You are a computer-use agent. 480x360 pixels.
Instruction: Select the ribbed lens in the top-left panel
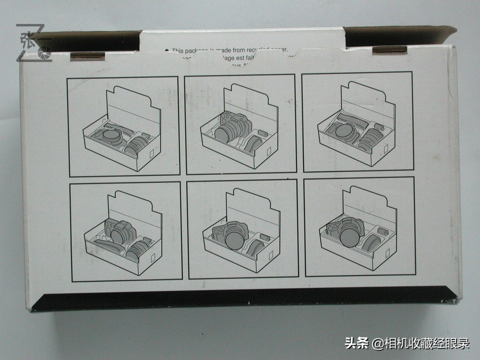pos(136,144)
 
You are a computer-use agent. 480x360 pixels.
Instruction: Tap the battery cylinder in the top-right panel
pos(379,127)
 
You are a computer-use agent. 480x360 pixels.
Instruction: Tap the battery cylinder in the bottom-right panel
pos(383,231)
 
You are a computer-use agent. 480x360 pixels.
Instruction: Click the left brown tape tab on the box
pos(87,56)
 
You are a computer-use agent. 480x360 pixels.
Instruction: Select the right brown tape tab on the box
pos(390,50)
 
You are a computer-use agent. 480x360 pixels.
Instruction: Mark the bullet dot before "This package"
pos(167,50)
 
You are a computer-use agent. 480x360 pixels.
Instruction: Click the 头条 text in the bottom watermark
pos(357,343)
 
